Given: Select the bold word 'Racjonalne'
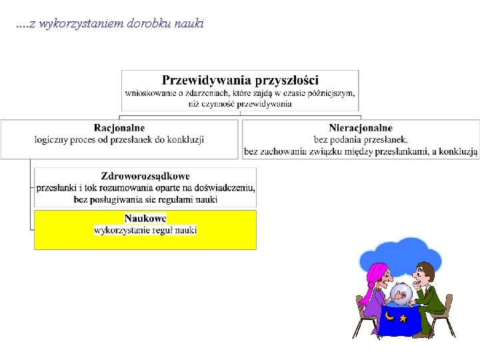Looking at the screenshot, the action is click(119, 128).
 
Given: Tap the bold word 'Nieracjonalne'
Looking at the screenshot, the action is click(361, 128).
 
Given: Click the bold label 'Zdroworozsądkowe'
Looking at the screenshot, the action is click(145, 177).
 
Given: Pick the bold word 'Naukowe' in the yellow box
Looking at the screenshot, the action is click(145, 219).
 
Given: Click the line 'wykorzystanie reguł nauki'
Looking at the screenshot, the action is click(145, 230).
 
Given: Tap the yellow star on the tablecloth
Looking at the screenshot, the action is click(403, 318).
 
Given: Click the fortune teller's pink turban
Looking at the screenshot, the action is click(377, 272).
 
